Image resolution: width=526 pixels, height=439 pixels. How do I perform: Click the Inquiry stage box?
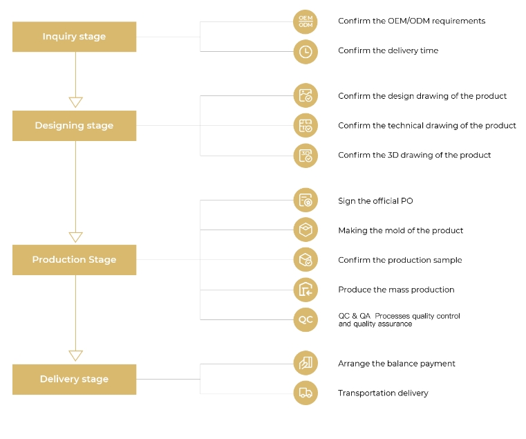pyautogui.click(x=74, y=37)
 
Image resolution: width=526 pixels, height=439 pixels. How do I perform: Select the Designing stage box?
pyautogui.click(x=74, y=126)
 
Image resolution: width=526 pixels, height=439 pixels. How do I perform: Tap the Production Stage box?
pyautogui.click(x=74, y=260)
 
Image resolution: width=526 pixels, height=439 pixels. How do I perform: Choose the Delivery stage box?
pyautogui.click(x=74, y=380)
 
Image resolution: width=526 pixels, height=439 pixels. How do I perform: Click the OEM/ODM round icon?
pyautogui.click(x=306, y=22)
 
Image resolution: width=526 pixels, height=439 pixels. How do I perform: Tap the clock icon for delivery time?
pyautogui.click(x=306, y=52)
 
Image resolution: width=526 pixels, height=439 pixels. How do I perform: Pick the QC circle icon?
pyautogui.click(x=306, y=319)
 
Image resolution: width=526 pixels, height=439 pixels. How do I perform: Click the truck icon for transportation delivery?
pyautogui.click(x=306, y=393)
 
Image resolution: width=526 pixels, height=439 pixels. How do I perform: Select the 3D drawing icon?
pyautogui.click(x=306, y=156)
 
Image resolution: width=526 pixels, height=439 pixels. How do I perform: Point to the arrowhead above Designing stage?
pyautogui.click(x=75, y=102)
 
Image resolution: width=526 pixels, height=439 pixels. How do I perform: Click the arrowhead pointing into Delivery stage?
pyautogui.click(x=75, y=355)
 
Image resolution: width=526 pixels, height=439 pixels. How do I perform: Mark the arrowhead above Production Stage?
pyautogui.click(x=75, y=237)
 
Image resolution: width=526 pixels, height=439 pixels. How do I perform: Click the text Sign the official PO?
pyautogui.click(x=375, y=201)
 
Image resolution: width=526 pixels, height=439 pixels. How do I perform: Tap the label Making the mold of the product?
pyautogui.click(x=400, y=231)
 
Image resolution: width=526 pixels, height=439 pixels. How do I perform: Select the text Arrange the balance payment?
pyautogui.click(x=397, y=364)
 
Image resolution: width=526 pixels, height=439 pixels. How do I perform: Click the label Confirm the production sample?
pyautogui.click(x=400, y=260)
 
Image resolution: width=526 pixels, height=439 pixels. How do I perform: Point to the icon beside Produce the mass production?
pyautogui.click(x=306, y=290)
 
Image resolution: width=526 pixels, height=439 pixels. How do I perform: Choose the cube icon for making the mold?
pyautogui.click(x=306, y=230)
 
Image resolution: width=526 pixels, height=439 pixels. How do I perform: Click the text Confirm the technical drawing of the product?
pyautogui.click(x=427, y=126)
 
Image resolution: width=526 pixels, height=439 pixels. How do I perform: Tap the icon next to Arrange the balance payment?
pyautogui.click(x=306, y=363)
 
